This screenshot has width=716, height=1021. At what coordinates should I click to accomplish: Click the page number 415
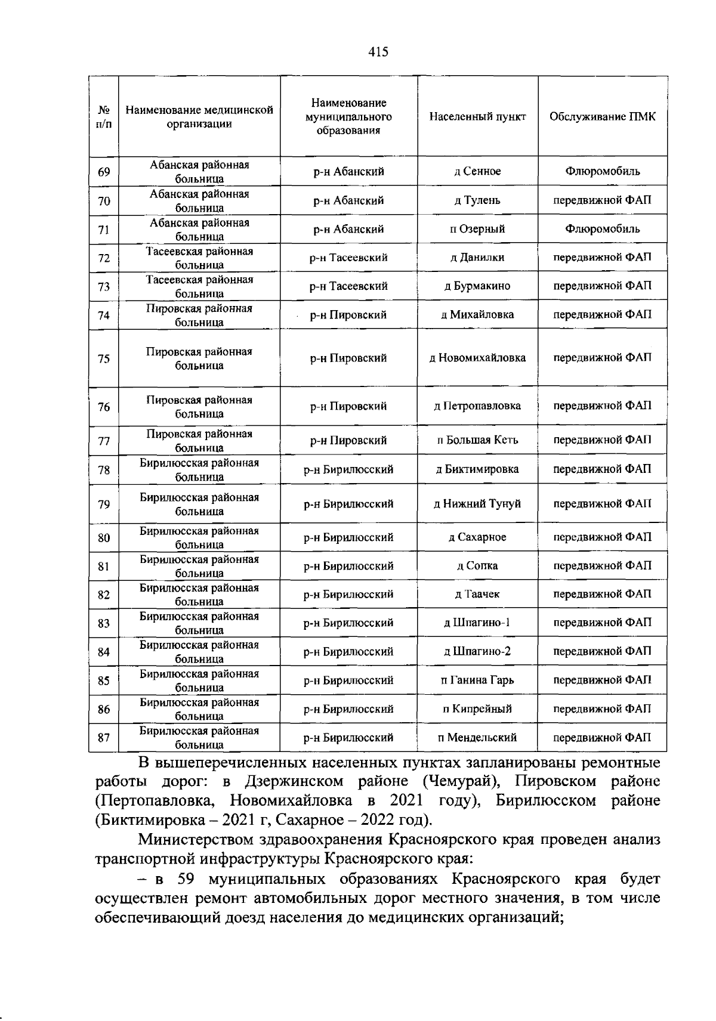tap(378, 52)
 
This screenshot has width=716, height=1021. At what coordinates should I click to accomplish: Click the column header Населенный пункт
tap(477, 117)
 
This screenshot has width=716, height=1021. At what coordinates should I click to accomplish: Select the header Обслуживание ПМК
tap(602, 117)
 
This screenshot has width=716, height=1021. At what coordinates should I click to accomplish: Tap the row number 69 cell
tap(104, 172)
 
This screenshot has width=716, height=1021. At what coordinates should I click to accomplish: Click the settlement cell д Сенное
tap(477, 172)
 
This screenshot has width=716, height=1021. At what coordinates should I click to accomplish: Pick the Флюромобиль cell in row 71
tap(602, 229)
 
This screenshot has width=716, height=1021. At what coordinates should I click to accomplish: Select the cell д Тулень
tap(477, 200)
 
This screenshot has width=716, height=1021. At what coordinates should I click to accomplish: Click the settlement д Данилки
tap(477, 258)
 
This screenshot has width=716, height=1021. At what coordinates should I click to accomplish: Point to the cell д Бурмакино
tap(477, 286)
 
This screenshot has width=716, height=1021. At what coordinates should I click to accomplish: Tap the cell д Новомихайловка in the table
tap(477, 358)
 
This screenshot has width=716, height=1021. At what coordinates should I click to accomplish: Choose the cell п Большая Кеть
tap(477, 441)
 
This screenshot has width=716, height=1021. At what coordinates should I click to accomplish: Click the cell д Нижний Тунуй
tap(477, 504)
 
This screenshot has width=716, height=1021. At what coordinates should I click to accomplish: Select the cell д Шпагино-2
tap(477, 651)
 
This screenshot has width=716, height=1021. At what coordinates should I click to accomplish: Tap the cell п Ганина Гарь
tap(477, 680)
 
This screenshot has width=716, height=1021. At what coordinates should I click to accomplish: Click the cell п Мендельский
tap(477, 738)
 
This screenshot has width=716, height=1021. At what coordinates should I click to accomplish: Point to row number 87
tap(104, 738)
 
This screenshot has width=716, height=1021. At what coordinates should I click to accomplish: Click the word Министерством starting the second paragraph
tap(200, 840)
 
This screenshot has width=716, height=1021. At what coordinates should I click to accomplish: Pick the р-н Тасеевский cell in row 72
tap(348, 258)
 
